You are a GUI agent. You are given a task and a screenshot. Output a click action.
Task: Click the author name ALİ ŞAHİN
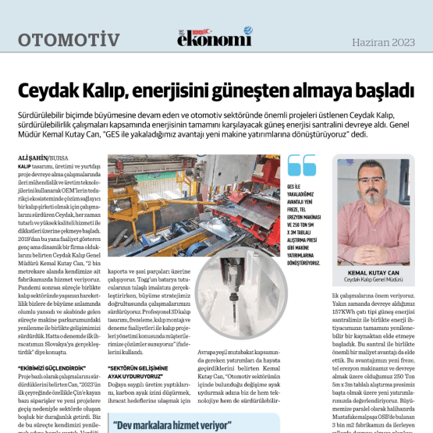32,158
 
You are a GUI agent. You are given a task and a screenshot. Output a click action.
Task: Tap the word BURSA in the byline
58,158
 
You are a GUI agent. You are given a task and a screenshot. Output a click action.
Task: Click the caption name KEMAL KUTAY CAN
372,272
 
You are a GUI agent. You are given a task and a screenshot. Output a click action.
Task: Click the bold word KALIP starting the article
23,166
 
